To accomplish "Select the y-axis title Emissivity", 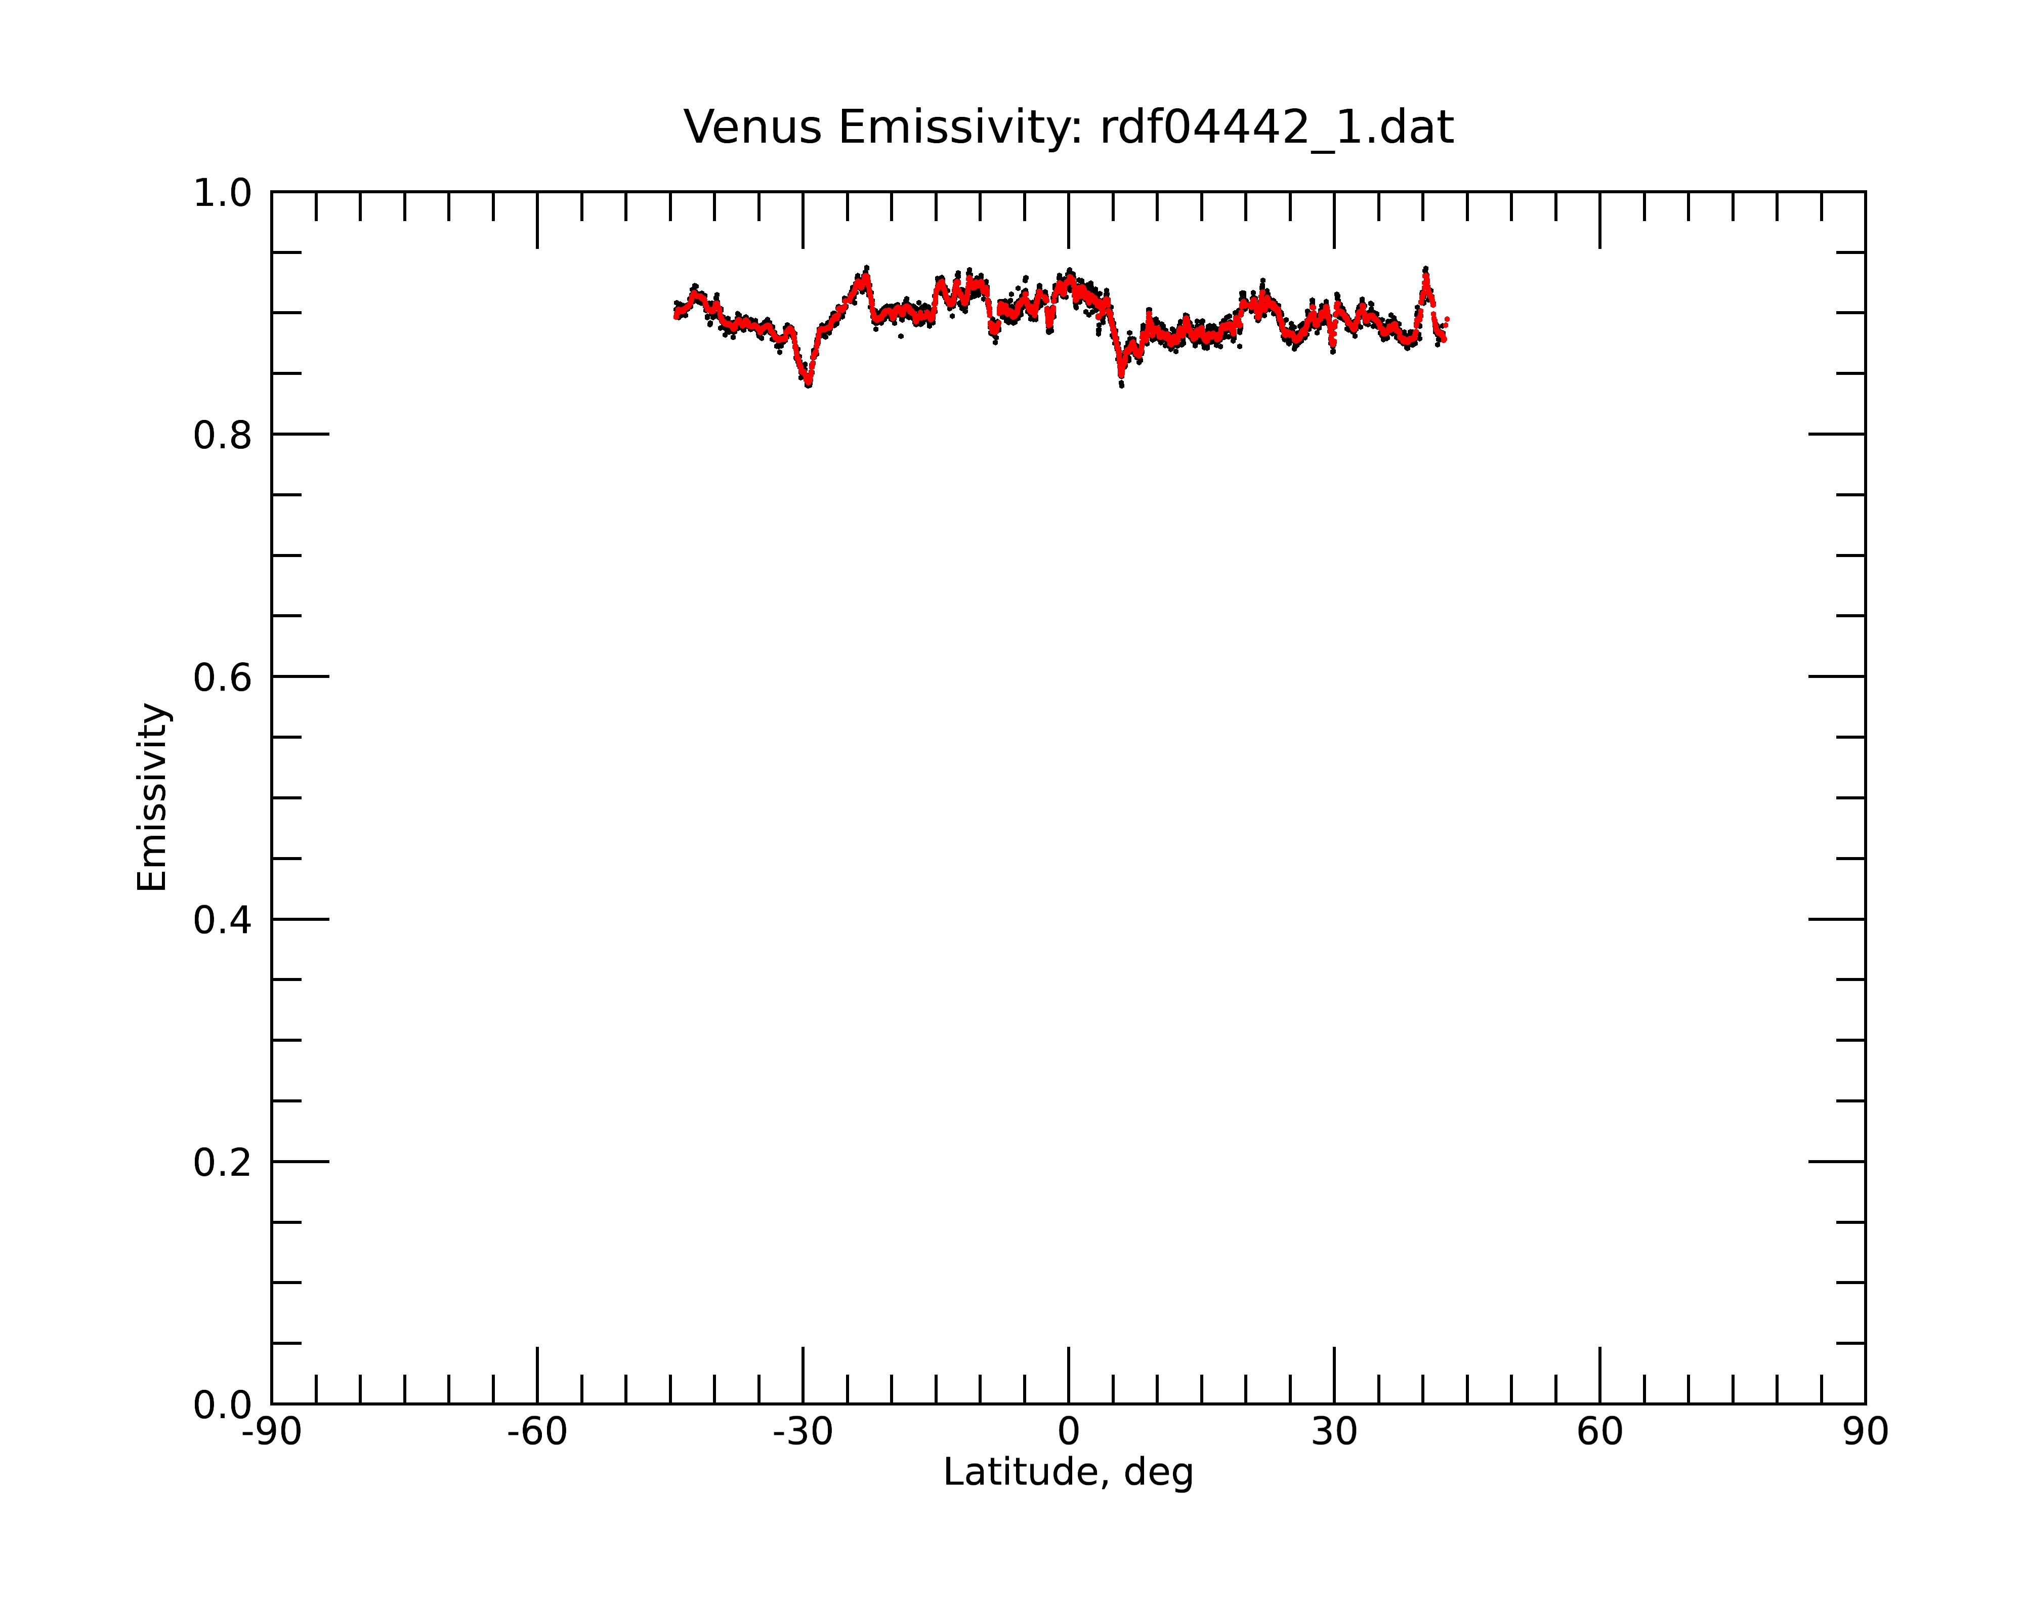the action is click(x=152, y=797).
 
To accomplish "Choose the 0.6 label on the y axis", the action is click(x=223, y=677).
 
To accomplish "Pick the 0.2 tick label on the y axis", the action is click(x=223, y=1163).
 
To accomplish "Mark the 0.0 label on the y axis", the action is click(x=223, y=1405).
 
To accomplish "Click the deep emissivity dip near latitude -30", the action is click(x=808, y=381).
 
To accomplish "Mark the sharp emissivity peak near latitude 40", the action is click(x=1425, y=272).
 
